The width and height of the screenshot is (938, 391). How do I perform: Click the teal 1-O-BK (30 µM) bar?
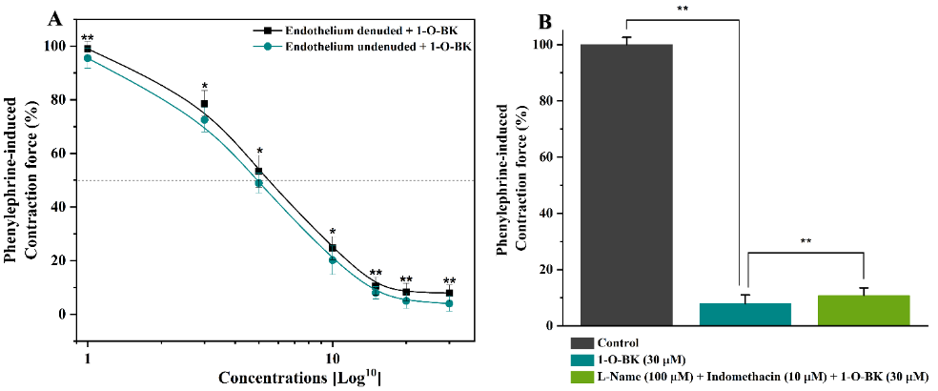pyautogui.click(x=744, y=314)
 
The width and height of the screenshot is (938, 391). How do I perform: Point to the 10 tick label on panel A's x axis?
pyautogui.click(x=333, y=357)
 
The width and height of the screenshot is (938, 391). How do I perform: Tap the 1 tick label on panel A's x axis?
pyautogui.click(x=88, y=357)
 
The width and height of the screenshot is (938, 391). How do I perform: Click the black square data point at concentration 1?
pyautogui.click(x=88, y=49)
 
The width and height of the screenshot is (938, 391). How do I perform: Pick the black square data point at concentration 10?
pyautogui.click(x=333, y=248)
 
